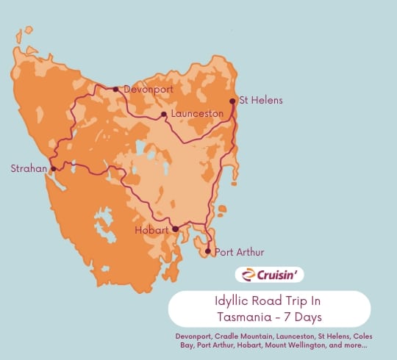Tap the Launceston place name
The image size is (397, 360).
[x=196, y=115]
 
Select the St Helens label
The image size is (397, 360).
[x=261, y=100]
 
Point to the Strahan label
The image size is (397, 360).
[x=28, y=168]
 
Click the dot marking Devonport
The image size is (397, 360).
[x=115, y=89]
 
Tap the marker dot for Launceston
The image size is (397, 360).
[x=164, y=115]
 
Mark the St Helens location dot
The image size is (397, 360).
[x=232, y=101]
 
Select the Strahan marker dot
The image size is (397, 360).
[x=53, y=168]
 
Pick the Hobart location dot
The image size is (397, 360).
[x=176, y=229]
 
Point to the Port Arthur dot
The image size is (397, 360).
[x=208, y=252]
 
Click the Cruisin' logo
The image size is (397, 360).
[x=270, y=275]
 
